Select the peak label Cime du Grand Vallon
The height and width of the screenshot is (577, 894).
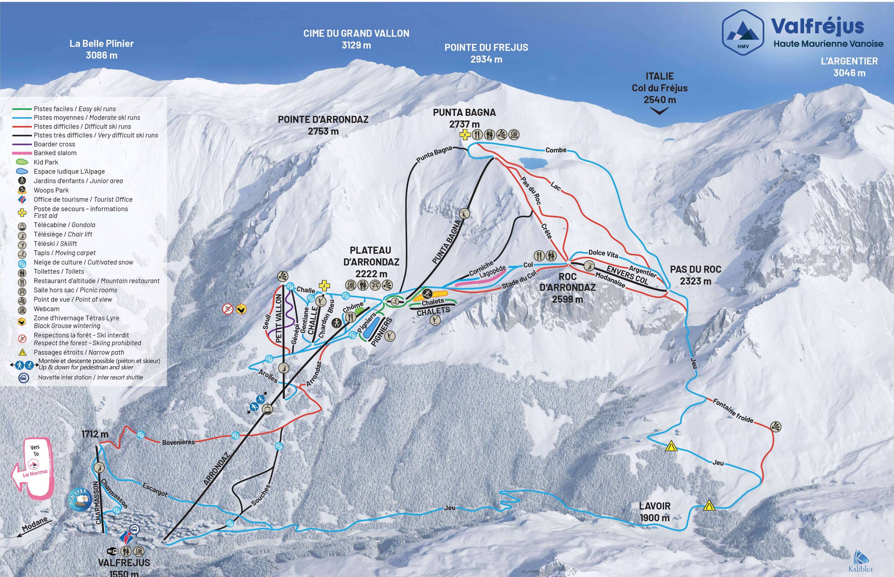pyautogui.click(x=356, y=39)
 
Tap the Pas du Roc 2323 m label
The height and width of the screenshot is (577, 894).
pyautogui.click(x=695, y=275)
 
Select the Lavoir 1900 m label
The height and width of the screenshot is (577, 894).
pyautogui.click(x=654, y=512)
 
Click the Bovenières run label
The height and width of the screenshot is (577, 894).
pyautogui.click(x=178, y=442)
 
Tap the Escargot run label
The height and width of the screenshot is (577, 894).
pyautogui.click(x=155, y=489)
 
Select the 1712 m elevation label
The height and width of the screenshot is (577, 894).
pyautogui.click(x=95, y=434)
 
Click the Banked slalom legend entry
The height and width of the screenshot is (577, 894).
pyautogui.click(x=55, y=153)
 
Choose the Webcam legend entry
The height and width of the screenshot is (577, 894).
pyautogui.click(x=46, y=309)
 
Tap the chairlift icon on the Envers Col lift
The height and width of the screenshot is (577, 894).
pyautogui.click(x=589, y=266)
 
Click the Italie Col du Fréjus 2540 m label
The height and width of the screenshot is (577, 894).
pyautogui.click(x=659, y=88)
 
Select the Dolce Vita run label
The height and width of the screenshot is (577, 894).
pyautogui.click(x=603, y=254)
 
